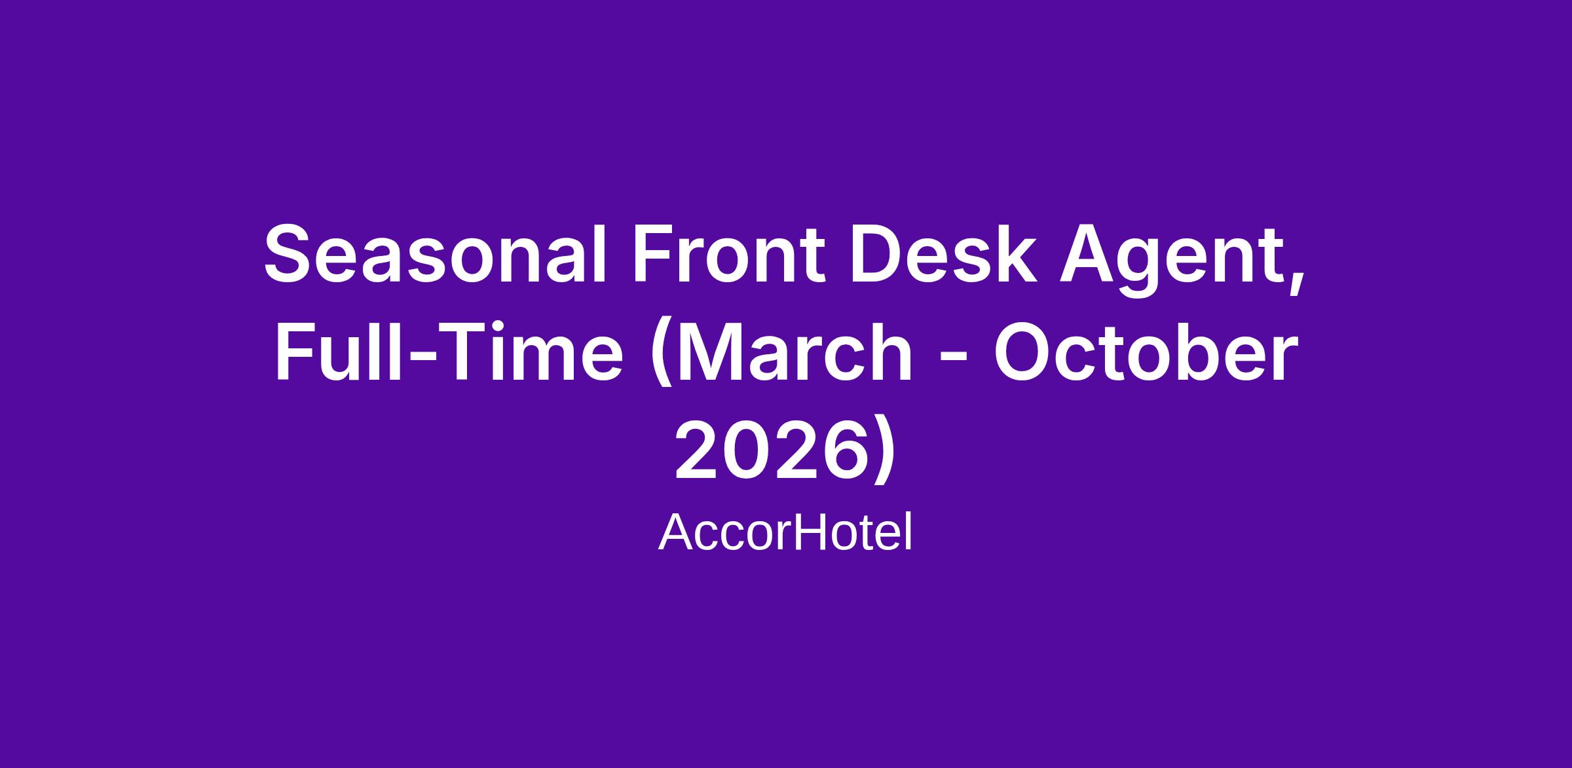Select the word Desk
point(944,254)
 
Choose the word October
point(1146,352)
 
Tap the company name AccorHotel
point(785,533)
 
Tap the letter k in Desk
point(1017,254)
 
